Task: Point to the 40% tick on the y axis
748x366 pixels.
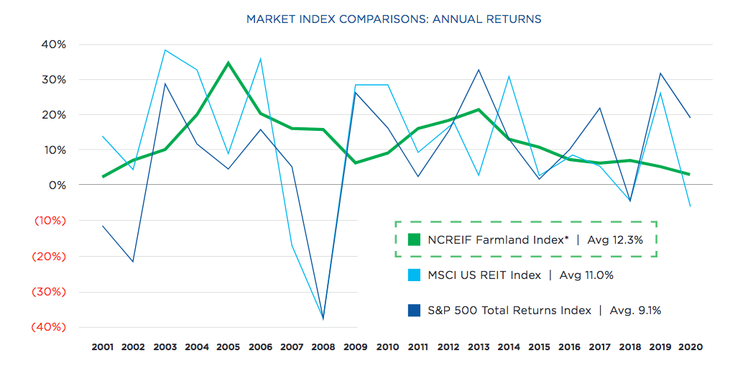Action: pyautogui.click(x=54, y=45)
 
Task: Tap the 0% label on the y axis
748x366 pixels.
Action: pyautogui.click(x=57, y=186)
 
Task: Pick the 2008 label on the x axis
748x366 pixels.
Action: pyautogui.click(x=323, y=347)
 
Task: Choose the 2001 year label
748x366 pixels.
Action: pyautogui.click(x=103, y=347)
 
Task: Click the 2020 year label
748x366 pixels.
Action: pyautogui.click(x=690, y=347)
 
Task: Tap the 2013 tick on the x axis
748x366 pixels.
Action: pyautogui.click(x=479, y=347)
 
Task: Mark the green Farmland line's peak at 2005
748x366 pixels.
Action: pyautogui.click(x=228, y=63)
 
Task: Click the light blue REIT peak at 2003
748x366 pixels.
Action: pyautogui.click(x=165, y=50)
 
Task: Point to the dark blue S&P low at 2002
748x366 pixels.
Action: pyautogui.click(x=134, y=261)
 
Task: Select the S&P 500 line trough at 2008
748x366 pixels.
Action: pyautogui.click(x=323, y=319)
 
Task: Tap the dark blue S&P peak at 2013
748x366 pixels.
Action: pyautogui.click(x=479, y=70)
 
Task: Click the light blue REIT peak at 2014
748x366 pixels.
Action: pyautogui.click(x=509, y=76)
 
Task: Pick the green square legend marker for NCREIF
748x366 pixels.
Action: pyautogui.click(x=414, y=240)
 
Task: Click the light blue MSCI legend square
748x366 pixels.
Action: pyautogui.click(x=414, y=275)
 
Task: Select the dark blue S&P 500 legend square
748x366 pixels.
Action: pyautogui.click(x=414, y=311)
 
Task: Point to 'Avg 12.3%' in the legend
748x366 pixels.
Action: pyautogui.click(x=615, y=240)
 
